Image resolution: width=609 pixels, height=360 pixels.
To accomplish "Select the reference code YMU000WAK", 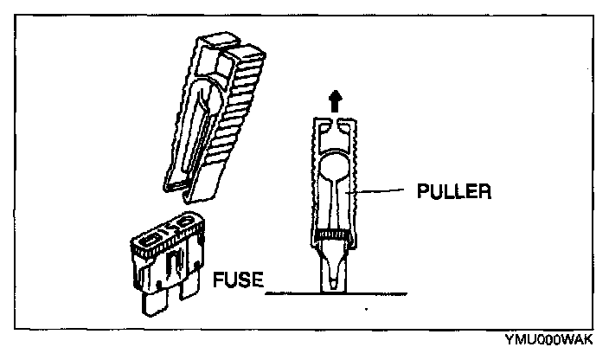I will click(x=558, y=341).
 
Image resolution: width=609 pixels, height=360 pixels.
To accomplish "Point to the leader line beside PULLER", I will click(x=381, y=190).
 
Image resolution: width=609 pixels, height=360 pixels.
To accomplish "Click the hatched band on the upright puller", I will click(x=333, y=234).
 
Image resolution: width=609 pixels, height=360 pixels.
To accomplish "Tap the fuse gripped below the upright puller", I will click(x=333, y=268).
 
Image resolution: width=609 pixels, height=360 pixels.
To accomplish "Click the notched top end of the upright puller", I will click(x=334, y=126).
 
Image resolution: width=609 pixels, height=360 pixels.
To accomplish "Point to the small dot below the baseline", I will click(x=369, y=309).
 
